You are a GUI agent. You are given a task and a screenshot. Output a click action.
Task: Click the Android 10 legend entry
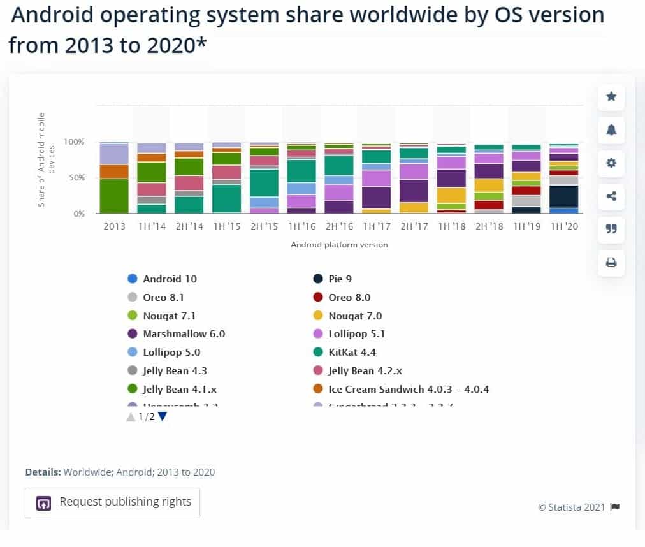(170, 279)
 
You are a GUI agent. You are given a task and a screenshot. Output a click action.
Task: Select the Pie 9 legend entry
(340, 279)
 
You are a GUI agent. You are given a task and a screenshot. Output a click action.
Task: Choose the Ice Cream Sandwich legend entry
(408, 389)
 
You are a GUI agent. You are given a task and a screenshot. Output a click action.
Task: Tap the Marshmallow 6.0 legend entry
(184, 333)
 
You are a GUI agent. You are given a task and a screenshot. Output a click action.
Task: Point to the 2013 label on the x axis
(115, 226)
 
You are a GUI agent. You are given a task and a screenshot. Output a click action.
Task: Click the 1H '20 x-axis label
(563, 226)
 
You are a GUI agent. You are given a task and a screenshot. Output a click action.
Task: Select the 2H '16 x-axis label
(339, 226)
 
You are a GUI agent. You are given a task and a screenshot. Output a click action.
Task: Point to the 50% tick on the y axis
(76, 178)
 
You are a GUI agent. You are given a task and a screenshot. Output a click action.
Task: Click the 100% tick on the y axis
(75, 142)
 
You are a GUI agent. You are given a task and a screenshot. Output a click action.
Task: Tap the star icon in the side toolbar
(611, 96)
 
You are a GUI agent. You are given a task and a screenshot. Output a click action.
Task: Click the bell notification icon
(611, 129)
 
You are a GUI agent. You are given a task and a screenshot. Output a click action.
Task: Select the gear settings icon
(611, 163)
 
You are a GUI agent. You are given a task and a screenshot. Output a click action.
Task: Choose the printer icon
(611, 262)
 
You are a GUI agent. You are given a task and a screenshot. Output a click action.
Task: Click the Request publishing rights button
(112, 502)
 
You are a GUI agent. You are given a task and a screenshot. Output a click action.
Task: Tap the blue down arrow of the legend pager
(163, 417)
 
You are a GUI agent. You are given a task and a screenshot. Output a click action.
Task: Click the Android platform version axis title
(339, 245)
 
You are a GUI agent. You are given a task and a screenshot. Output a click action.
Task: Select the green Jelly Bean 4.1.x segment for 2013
(115, 196)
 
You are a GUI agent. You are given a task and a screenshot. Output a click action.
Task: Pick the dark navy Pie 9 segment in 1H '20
(563, 196)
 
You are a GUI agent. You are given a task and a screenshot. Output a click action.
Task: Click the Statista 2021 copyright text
(572, 507)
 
